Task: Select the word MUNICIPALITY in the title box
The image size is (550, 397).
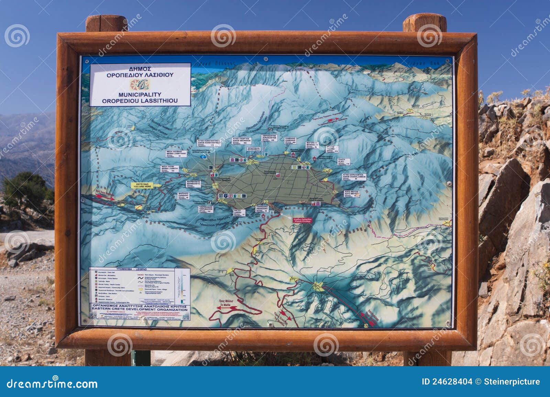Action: click(x=140, y=94)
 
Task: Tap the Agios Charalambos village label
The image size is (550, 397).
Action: click(x=354, y=176)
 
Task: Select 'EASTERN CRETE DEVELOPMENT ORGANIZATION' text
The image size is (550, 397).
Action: click(x=140, y=310)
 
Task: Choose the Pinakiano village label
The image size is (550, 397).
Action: click(x=264, y=208)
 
